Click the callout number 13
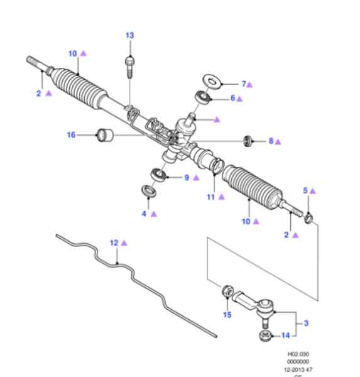[x=129, y=35]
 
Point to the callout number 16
[x=72, y=134]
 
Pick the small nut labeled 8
[x=248, y=140]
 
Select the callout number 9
[x=186, y=178]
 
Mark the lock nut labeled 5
[x=308, y=218]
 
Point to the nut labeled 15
[x=229, y=292]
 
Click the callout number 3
[x=306, y=324]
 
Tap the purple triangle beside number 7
[x=249, y=84]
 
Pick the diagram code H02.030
[x=297, y=354]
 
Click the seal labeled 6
[x=203, y=97]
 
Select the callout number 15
[x=229, y=315]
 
